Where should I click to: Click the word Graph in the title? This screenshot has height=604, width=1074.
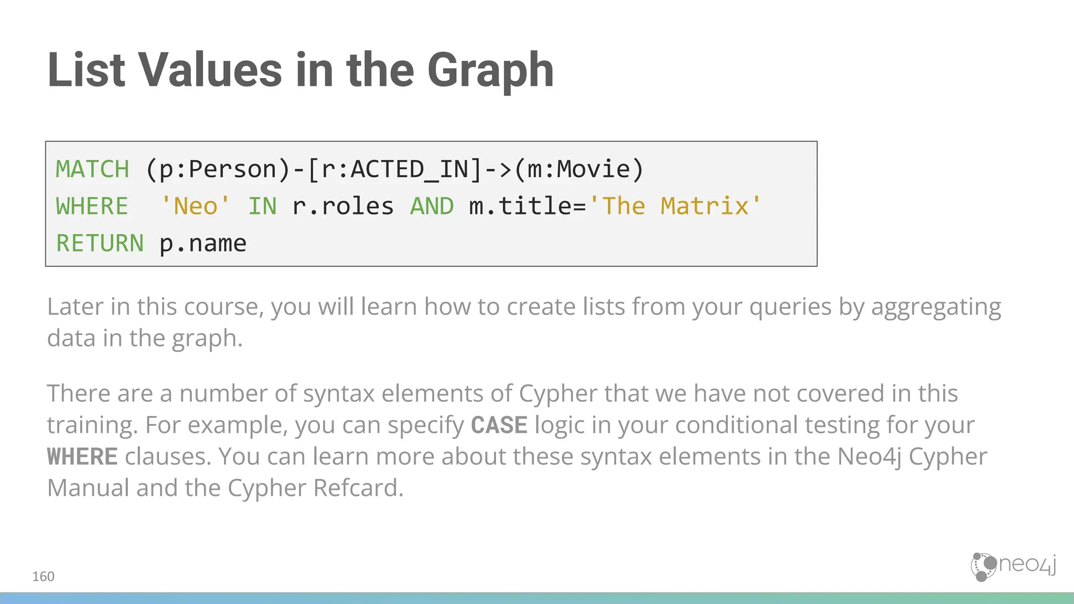[490, 71]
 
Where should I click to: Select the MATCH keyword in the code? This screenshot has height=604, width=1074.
[92, 169]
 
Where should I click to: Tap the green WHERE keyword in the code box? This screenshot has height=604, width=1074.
[92, 206]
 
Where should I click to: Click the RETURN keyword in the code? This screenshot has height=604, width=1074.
[100, 243]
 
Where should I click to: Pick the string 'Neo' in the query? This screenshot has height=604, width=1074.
[195, 206]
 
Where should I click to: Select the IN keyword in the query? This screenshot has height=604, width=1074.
[262, 206]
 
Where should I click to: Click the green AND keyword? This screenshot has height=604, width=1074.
[432, 206]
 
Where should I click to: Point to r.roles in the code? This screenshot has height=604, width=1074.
[342, 206]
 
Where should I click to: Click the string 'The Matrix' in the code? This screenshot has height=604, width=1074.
[675, 206]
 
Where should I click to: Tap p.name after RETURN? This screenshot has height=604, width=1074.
[202, 243]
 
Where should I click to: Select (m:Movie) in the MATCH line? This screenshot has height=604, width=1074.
[579, 169]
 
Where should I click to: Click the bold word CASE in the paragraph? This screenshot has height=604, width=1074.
[499, 425]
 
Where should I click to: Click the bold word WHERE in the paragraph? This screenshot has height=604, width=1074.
[82, 457]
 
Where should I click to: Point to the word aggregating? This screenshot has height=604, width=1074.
[936, 307]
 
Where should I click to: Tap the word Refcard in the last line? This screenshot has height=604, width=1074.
[358, 488]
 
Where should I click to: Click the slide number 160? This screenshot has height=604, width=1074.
[43, 577]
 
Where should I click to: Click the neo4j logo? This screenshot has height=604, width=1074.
[1013, 566]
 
